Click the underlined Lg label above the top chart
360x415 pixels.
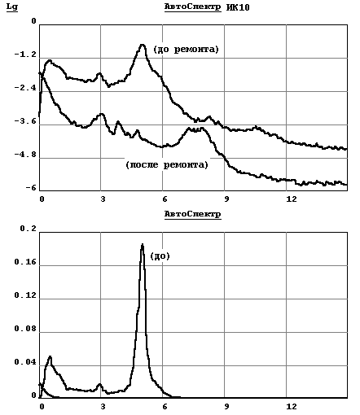tap(12, 7)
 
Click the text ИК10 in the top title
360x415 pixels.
tap(238, 7)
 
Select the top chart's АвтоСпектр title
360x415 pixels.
tap(193, 7)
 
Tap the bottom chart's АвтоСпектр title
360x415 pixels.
tap(193, 214)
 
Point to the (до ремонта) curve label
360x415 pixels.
tap(186, 50)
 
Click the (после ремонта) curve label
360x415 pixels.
tap(167, 164)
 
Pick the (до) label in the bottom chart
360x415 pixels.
tap(160, 256)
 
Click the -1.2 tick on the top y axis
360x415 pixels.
tap(25, 55)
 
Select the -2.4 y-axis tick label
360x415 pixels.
tap(25, 88)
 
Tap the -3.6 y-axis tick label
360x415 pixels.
tap(25, 121)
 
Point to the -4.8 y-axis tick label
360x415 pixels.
tap(25, 155)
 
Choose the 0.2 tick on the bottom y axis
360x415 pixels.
tap(29, 229)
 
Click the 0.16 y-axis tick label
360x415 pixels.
tap(25, 262)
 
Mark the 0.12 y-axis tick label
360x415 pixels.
tap(25, 295)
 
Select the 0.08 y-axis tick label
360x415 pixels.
tap(25, 329)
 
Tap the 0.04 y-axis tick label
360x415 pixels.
tap(25, 362)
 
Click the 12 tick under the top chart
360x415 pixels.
tap(292, 199)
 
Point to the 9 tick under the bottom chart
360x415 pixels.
tap(226, 407)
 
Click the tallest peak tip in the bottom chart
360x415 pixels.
tap(143, 244)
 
